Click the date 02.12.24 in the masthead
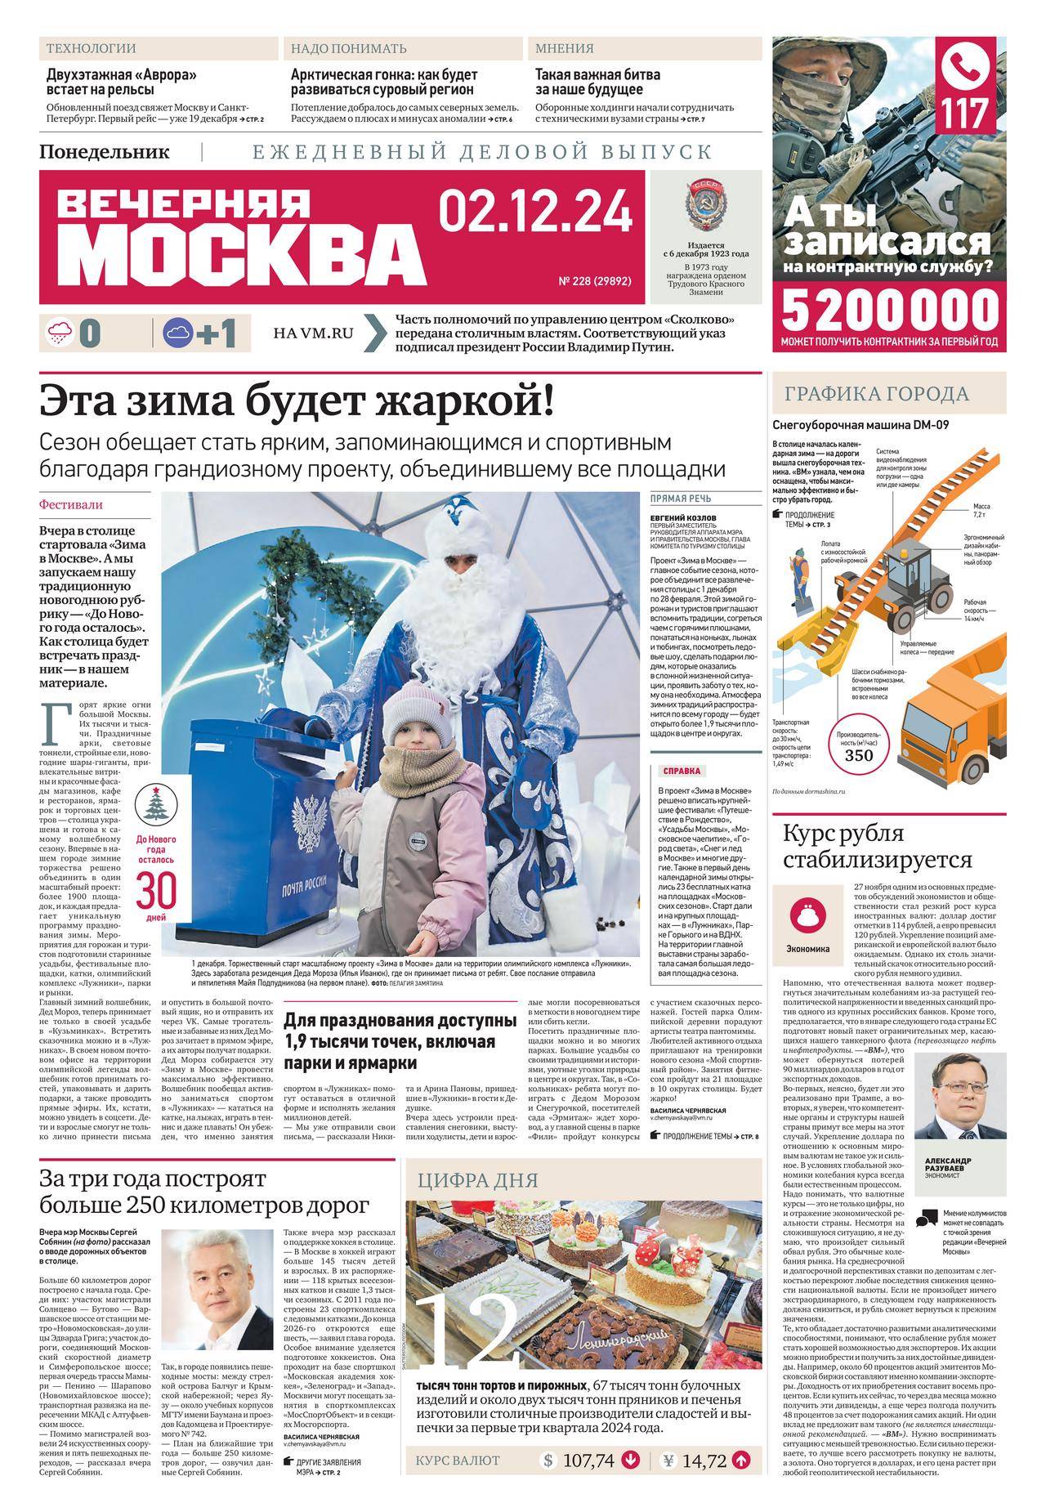535,212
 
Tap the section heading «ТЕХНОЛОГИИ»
91,48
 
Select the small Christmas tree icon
155,804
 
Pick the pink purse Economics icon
807,913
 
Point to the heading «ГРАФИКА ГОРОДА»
877,394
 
